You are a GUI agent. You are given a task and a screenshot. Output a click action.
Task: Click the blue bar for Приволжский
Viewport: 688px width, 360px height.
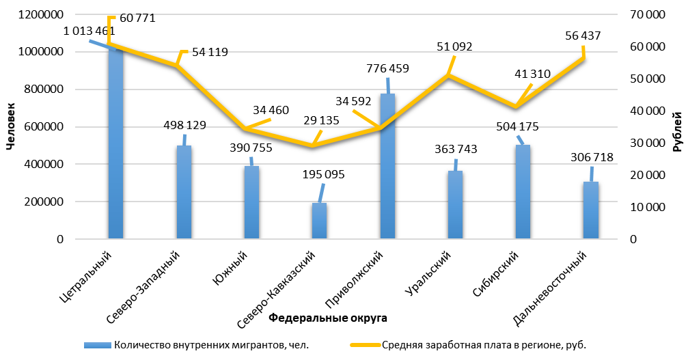pos(387,171)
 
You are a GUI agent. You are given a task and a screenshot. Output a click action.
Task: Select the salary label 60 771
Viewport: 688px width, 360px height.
pos(137,18)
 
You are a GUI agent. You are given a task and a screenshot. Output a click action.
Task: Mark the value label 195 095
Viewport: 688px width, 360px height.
pos(323,174)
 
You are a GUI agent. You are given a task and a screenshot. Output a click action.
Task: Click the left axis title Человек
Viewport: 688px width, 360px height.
pos(10,125)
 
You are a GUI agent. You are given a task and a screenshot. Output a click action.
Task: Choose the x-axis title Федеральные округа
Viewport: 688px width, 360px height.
pos(327,318)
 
